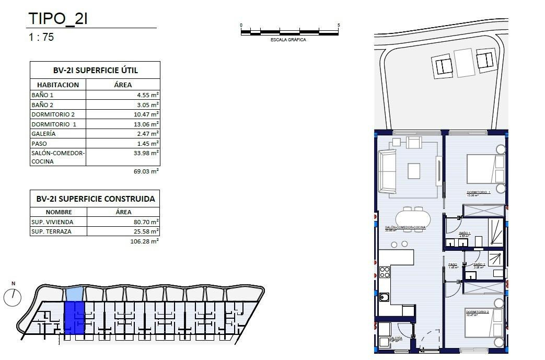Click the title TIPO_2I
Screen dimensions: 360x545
pos(57,19)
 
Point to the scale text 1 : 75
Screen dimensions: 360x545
pos(41,37)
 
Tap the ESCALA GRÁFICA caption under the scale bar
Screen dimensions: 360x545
pos(288,40)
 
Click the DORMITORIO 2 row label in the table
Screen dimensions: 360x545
pos(53,114)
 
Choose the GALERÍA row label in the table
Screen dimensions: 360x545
pos(43,134)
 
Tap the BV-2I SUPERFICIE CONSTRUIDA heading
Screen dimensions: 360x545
pos(95,199)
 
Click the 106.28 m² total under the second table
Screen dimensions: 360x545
pos(144,241)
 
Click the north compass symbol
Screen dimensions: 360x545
pos(12,297)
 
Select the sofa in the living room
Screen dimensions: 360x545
pos(387,170)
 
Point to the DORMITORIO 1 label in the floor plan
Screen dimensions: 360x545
pos(478,192)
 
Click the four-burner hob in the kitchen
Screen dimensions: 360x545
pos(385,272)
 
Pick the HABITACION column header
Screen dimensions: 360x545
pos(58,85)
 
